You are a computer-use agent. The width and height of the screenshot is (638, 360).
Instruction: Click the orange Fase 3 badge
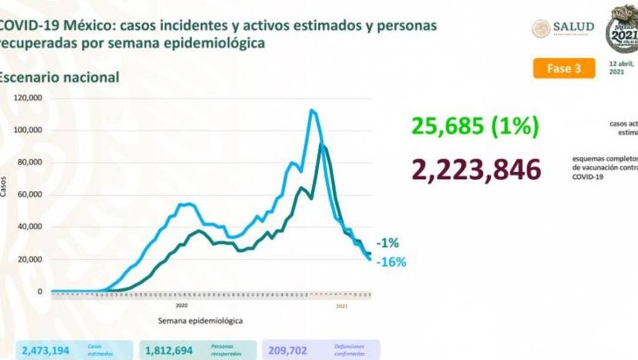[563, 68]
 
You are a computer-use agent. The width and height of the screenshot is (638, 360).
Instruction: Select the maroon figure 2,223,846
[476, 170]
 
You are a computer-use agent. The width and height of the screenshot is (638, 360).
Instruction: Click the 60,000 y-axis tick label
[29, 194]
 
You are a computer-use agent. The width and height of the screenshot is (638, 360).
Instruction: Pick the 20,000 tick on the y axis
[29, 259]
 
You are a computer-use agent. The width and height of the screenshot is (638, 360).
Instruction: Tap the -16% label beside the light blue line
[391, 262]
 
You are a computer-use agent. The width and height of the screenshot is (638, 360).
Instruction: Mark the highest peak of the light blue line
[311, 110]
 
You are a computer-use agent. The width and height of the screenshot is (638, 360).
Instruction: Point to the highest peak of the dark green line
[323, 145]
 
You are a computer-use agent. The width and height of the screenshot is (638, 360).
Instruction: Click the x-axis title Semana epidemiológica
[200, 321]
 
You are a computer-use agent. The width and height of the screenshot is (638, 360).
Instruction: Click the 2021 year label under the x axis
[341, 306]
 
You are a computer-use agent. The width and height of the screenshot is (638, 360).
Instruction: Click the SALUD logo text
[574, 27]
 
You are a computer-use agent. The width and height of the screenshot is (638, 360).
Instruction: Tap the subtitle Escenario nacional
[59, 77]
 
